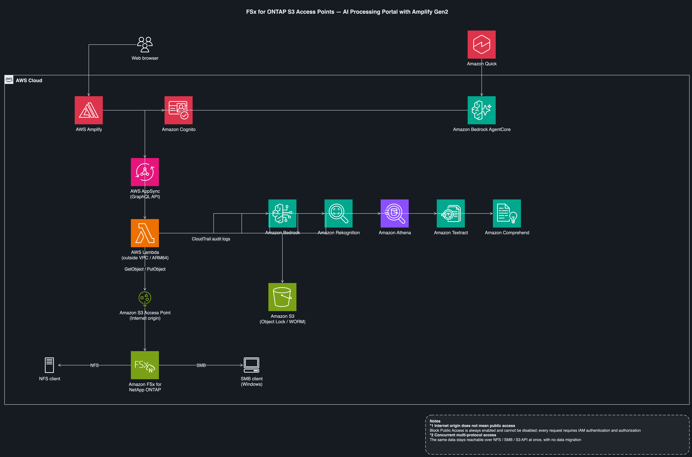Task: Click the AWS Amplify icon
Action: [89, 110]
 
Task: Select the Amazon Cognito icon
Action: [178, 110]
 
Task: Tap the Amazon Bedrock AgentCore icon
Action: [482, 110]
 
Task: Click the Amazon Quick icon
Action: [482, 45]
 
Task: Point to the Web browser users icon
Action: [145, 45]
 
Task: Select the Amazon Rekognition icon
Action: [339, 213]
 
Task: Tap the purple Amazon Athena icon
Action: [395, 213]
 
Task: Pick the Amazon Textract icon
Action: [451, 213]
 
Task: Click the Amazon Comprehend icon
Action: [507, 213]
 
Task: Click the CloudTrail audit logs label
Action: [211, 239]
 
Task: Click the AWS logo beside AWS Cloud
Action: [9, 80]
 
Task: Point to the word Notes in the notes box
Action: [435, 421]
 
